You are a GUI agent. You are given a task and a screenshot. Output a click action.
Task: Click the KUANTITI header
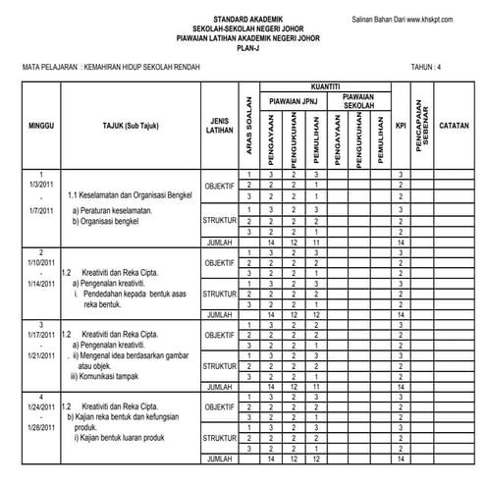point(326,86)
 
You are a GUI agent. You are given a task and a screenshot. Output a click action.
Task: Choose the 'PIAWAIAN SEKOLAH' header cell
point(358,100)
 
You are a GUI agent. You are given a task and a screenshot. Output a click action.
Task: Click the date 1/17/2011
point(40,335)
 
